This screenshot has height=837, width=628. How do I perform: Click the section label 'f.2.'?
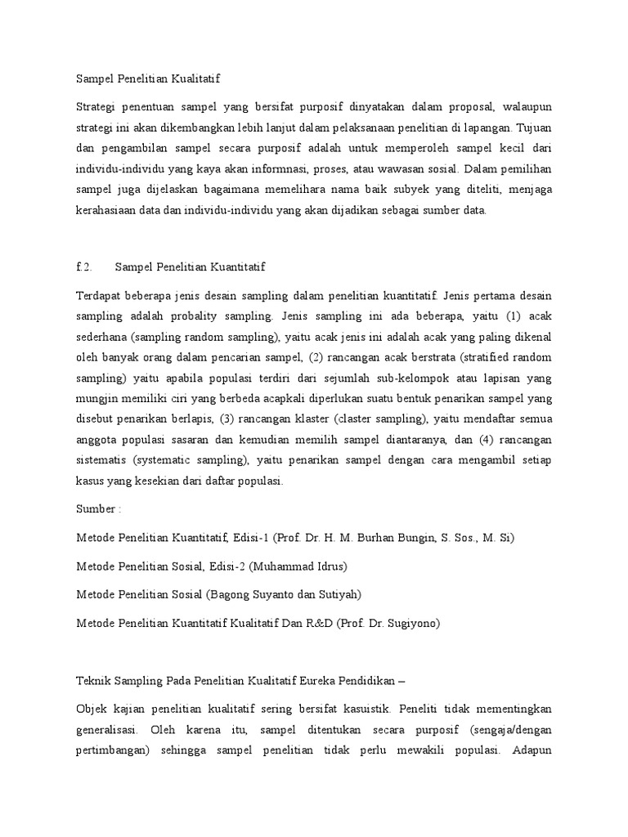pyautogui.click(x=84, y=267)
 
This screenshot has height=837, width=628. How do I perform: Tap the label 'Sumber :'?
pyautogui.click(x=97, y=508)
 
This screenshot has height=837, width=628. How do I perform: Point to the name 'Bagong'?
pyautogui.click(x=235, y=594)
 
